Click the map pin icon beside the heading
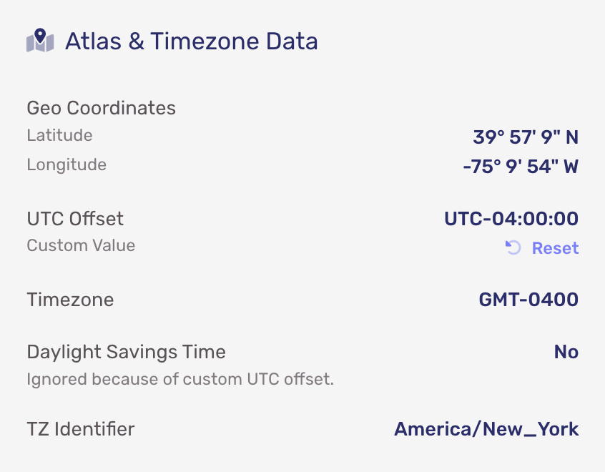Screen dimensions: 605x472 tap(40, 40)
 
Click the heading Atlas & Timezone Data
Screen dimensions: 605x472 tap(192, 41)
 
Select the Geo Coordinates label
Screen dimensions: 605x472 tap(101, 108)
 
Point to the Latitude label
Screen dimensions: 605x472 tap(59, 135)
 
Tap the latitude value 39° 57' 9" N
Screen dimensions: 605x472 tap(526, 137)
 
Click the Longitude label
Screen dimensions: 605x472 tap(67, 164)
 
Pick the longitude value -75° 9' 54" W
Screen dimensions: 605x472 tap(521, 167)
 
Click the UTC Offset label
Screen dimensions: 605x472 tap(75, 219)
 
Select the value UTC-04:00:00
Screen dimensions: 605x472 tap(511, 219)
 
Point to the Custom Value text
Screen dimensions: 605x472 tap(81, 245)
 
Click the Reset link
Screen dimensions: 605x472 tap(555, 247)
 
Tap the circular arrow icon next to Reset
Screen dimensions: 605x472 tap(513, 247)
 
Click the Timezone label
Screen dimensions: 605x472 tap(70, 300)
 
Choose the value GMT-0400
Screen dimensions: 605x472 tap(528, 300)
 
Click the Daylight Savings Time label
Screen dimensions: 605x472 tap(126, 352)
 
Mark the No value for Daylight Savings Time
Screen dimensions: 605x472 tap(566, 352)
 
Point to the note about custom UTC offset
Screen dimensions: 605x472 tap(180, 379)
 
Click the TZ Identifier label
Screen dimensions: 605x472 tap(81, 429)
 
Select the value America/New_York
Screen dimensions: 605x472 tap(486, 429)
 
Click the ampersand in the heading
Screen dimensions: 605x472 tap(136, 41)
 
